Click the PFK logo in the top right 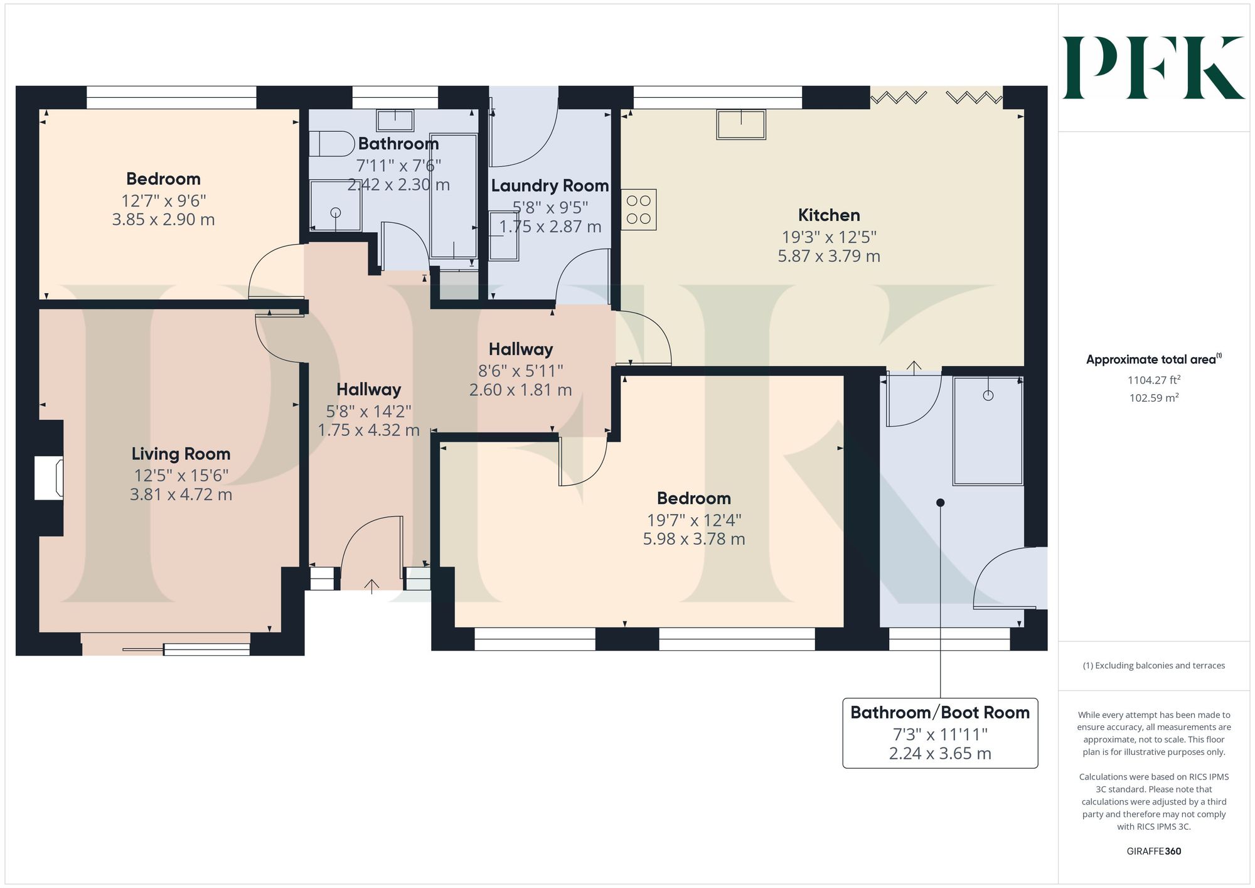click(x=1153, y=68)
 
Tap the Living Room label click(x=181, y=454)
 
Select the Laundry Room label click(x=550, y=186)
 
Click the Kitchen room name click(x=829, y=215)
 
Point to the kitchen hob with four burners click(x=639, y=210)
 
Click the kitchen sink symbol click(x=741, y=124)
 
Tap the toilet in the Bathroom click(x=332, y=144)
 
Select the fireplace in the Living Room click(x=49, y=478)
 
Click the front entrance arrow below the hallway click(x=371, y=586)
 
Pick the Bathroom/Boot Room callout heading click(x=940, y=713)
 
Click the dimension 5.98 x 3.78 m click(x=694, y=539)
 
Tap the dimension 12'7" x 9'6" click(x=164, y=201)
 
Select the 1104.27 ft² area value click(x=1154, y=380)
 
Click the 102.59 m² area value click(x=1154, y=398)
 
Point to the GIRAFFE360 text click(x=1154, y=852)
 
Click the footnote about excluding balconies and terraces click(x=1154, y=666)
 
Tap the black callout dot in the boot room click(x=940, y=503)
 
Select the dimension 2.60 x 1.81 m click(x=521, y=390)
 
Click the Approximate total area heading click(x=1154, y=359)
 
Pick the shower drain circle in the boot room click(x=988, y=395)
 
